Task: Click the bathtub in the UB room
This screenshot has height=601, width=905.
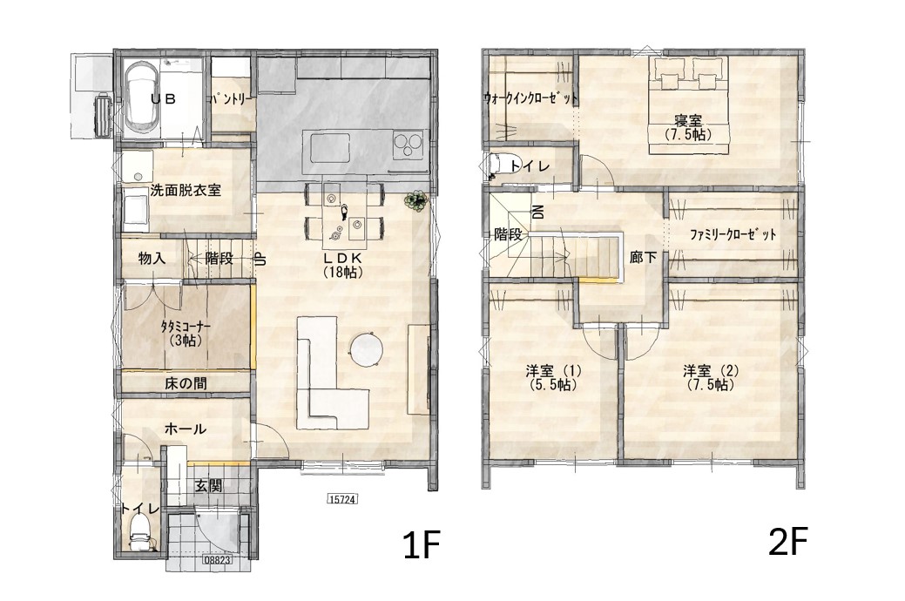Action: [141, 98]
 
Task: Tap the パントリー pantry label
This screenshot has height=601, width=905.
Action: [232, 99]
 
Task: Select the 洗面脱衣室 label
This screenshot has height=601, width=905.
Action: [186, 190]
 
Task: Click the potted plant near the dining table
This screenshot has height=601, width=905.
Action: [415, 200]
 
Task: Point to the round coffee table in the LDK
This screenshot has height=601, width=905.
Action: [367, 349]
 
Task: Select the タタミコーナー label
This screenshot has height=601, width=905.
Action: [186, 333]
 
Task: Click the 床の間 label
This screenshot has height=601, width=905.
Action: [186, 383]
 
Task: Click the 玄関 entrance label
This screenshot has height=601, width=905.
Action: [207, 485]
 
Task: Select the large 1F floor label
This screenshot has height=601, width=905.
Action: [422, 544]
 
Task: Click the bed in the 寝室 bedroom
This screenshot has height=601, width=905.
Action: [689, 105]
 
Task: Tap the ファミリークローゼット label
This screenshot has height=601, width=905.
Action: [733, 235]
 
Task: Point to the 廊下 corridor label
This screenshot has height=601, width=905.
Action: [643, 257]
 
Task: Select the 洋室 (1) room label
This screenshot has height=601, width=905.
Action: [553, 377]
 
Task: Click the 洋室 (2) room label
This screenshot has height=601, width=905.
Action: [711, 377]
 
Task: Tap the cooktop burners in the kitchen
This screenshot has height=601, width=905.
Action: [408, 145]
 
